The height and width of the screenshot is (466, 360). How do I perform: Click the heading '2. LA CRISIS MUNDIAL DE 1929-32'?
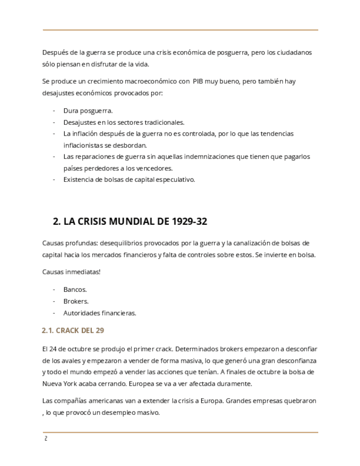coord(130,221)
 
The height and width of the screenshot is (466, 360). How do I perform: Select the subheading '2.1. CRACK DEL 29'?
coord(73,330)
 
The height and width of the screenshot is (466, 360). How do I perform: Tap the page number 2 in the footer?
coord(46,439)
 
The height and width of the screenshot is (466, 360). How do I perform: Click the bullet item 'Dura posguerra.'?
coord(88,110)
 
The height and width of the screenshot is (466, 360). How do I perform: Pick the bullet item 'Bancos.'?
coord(75,289)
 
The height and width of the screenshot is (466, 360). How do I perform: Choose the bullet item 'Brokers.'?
coord(76,301)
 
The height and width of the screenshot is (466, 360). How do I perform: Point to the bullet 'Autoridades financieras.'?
coord(99,313)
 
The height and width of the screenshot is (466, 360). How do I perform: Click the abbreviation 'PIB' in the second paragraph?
coord(200,81)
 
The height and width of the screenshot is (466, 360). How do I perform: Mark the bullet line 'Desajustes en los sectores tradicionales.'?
coord(124,122)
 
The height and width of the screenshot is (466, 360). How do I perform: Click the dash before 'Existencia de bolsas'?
coord(54,179)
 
